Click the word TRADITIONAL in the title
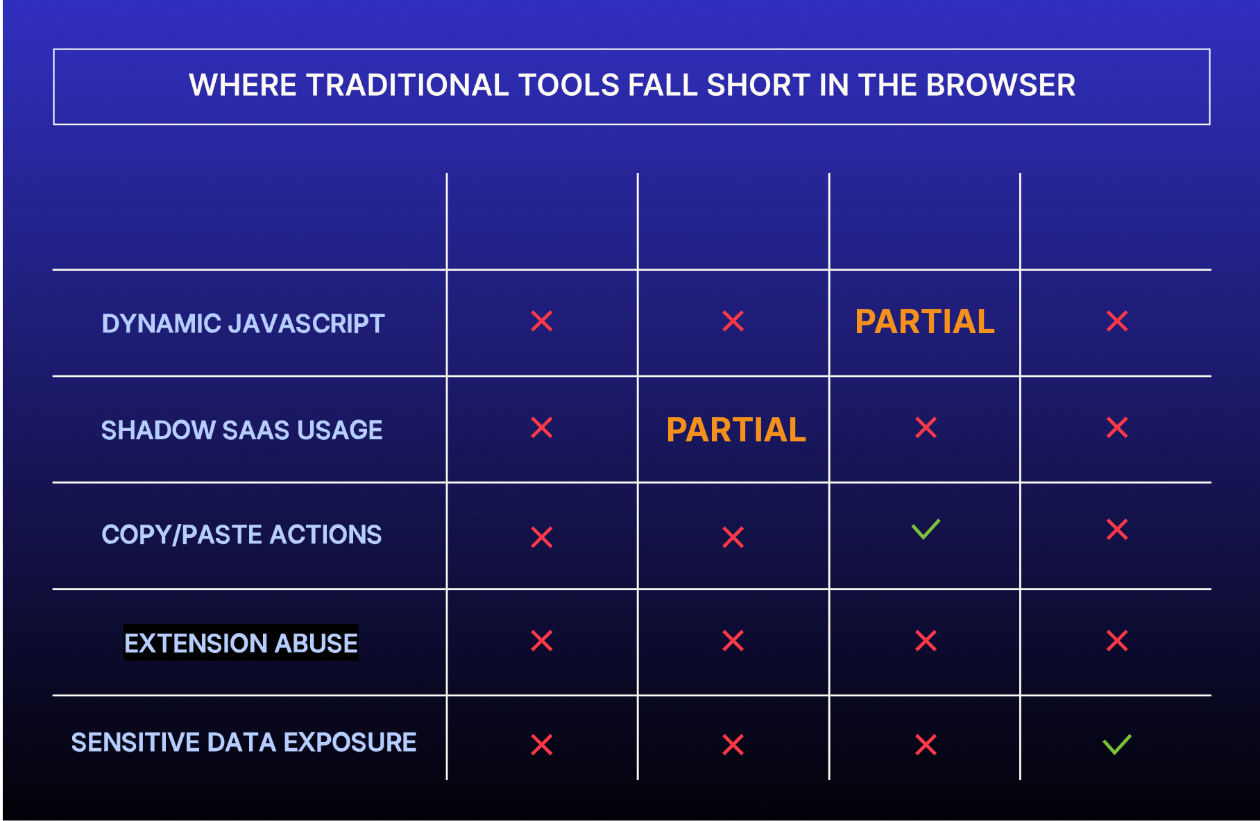pos(408,85)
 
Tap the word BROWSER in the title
pos(1001,85)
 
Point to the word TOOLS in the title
pos(569,85)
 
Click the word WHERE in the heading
pos(243,85)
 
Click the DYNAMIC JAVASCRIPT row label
pos(243,323)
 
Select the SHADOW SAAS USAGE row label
pos(241,430)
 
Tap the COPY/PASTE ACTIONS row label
pos(241,535)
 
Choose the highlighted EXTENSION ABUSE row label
pos(241,643)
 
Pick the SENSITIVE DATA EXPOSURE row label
pos(244,743)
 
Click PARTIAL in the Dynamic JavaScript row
pos(925,322)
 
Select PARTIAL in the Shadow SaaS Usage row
pos(736,430)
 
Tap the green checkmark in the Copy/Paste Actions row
pos(926,530)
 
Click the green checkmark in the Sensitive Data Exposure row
pos(1117,744)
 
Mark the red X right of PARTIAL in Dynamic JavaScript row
pos(1117,321)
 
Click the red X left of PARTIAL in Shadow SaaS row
pos(542,428)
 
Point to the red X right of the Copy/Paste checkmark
pos(1117,530)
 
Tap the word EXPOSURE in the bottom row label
pos(350,743)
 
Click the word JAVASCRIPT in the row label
pos(306,323)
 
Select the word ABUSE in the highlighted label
pos(316,643)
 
